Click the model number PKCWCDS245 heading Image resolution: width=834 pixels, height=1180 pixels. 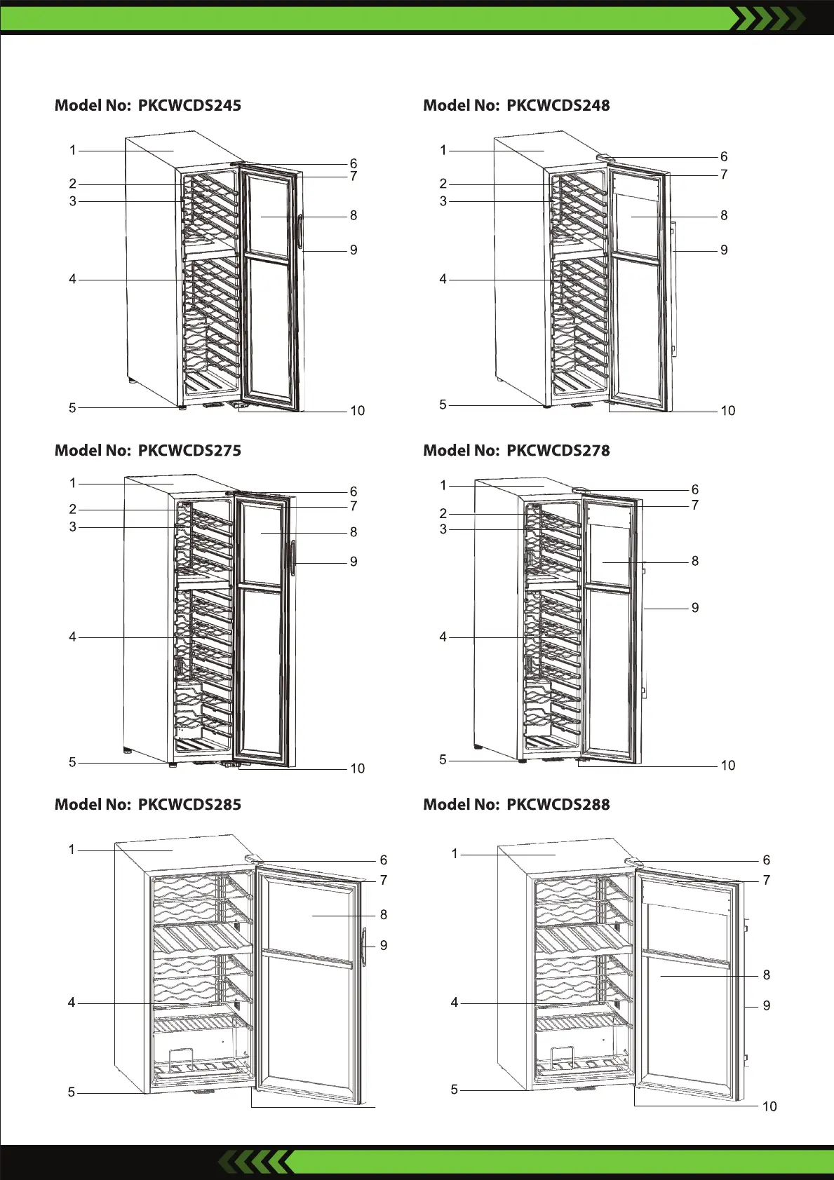click(148, 106)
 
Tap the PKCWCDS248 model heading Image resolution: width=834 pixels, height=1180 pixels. click(516, 106)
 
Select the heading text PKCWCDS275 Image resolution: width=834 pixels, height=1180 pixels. click(148, 451)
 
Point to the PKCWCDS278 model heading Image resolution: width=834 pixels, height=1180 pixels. click(516, 451)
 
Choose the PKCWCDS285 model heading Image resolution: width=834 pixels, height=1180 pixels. click(148, 805)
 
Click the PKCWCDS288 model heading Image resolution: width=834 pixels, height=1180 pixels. click(516, 805)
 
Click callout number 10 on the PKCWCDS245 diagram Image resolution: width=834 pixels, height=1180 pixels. click(357, 411)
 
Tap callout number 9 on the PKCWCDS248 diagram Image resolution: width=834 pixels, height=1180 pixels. click(724, 250)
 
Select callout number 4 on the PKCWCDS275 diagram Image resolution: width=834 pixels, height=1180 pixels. click(72, 637)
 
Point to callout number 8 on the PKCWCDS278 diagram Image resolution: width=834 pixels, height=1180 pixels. click(694, 561)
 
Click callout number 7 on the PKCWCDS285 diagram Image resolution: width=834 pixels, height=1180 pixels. click(384, 880)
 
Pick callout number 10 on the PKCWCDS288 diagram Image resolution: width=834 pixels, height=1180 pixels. click(769, 1106)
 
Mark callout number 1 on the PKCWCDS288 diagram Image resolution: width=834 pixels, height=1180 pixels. click(455, 853)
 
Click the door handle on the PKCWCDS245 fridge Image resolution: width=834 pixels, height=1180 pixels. click(300, 232)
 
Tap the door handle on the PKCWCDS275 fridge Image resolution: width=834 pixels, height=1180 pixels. click(293, 557)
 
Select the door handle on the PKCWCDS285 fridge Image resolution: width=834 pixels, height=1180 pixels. click(365, 947)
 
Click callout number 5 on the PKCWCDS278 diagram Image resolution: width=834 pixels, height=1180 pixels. click(443, 759)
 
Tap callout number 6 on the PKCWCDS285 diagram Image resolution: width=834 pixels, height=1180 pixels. click(384, 860)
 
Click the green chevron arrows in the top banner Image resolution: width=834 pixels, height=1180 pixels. click(767, 18)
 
